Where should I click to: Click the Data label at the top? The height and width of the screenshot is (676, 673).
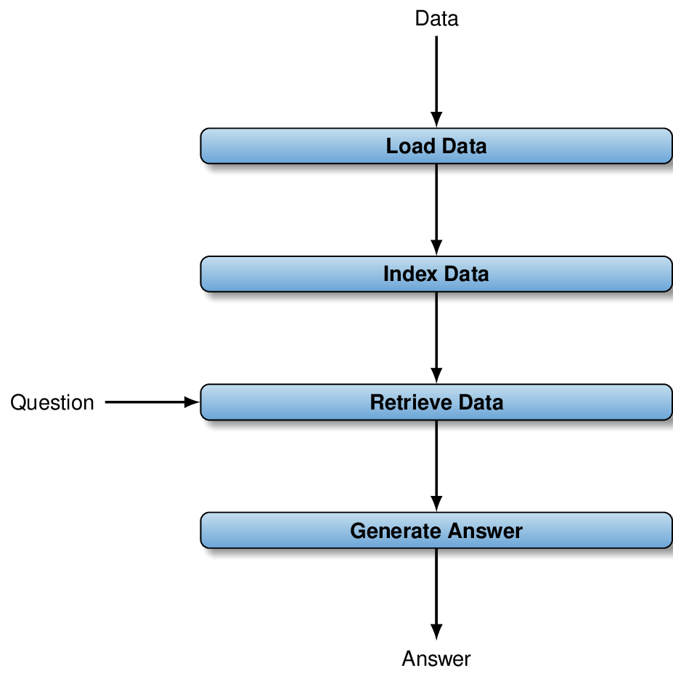click(x=436, y=19)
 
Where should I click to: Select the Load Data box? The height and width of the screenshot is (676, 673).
click(x=436, y=146)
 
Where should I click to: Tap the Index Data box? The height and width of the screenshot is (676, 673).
click(x=436, y=274)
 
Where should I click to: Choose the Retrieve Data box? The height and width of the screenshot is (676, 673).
click(x=436, y=402)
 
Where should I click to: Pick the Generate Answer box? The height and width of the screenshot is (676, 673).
click(x=436, y=530)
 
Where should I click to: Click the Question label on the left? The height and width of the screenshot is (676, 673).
click(x=52, y=403)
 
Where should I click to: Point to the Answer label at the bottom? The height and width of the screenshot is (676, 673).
click(x=436, y=659)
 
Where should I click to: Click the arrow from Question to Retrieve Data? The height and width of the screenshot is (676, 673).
click(x=152, y=402)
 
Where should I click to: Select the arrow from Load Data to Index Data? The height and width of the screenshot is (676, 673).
click(x=436, y=210)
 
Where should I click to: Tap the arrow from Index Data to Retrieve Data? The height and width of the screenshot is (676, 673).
click(x=436, y=338)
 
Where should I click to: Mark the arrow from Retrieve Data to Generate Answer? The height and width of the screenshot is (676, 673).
click(x=436, y=466)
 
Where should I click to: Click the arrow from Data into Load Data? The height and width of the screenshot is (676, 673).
click(x=436, y=82)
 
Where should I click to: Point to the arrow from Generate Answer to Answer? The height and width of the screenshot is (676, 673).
click(x=436, y=594)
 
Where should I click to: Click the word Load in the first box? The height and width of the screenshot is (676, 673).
click(x=410, y=146)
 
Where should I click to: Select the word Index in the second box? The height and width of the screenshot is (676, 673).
click(x=410, y=274)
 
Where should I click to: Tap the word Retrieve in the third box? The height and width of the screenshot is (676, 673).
click(x=411, y=402)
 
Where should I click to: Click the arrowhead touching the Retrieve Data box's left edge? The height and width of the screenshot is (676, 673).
click(x=192, y=402)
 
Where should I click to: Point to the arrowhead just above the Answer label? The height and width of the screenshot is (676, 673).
click(x=436, y=632)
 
